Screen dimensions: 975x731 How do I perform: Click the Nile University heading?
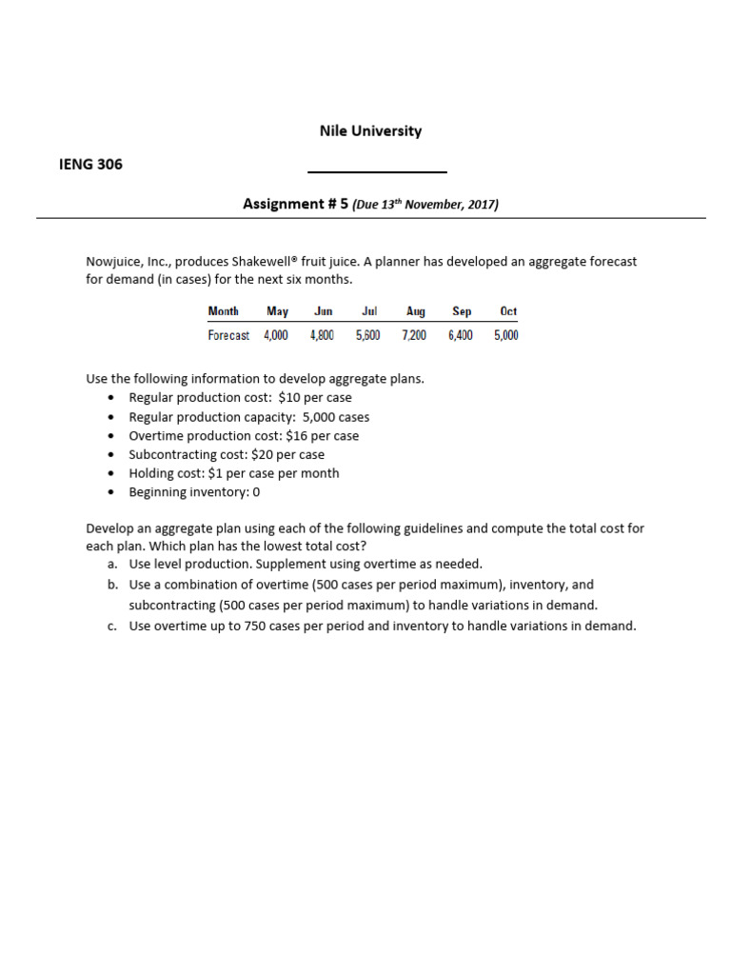point(370,131)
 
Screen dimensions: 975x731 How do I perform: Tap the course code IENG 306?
point(90,164)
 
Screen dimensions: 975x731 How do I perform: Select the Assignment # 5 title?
point(296,204)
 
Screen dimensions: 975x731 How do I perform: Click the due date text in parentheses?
point(425,205)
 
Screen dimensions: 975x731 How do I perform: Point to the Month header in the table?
point(224,311)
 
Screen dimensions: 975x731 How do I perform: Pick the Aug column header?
point(416,311)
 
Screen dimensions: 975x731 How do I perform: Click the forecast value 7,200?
point(414,335)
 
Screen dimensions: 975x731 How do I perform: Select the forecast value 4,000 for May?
point(276,335)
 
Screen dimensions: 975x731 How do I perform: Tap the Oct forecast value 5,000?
point(506,335)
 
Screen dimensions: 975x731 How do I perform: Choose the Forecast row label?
point(228,335)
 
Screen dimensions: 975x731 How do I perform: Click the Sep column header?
point(462,311)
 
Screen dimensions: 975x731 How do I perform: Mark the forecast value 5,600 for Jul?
point(367,335)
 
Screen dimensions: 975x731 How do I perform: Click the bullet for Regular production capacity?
point(112,417)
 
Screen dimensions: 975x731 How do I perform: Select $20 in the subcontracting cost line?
point(262,454)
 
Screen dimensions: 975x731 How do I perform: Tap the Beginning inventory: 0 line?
point(194,492)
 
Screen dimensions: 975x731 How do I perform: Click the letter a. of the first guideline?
point(113,564)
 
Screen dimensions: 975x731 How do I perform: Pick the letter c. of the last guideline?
point(113,626)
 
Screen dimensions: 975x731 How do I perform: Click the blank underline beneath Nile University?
point(377,172)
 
